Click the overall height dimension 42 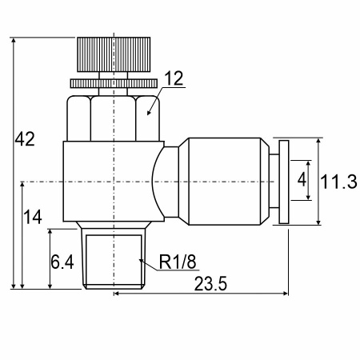coord(25,139)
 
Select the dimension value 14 coord(33,217)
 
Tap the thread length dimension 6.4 coord(62,262)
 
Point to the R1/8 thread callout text coord(178,262)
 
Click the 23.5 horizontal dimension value coord(210,283)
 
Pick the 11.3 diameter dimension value coord(338,182)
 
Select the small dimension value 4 coord(302,179)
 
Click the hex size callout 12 coord(174,78)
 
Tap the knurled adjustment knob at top coord(114,54)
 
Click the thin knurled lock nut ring coord(114,83)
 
